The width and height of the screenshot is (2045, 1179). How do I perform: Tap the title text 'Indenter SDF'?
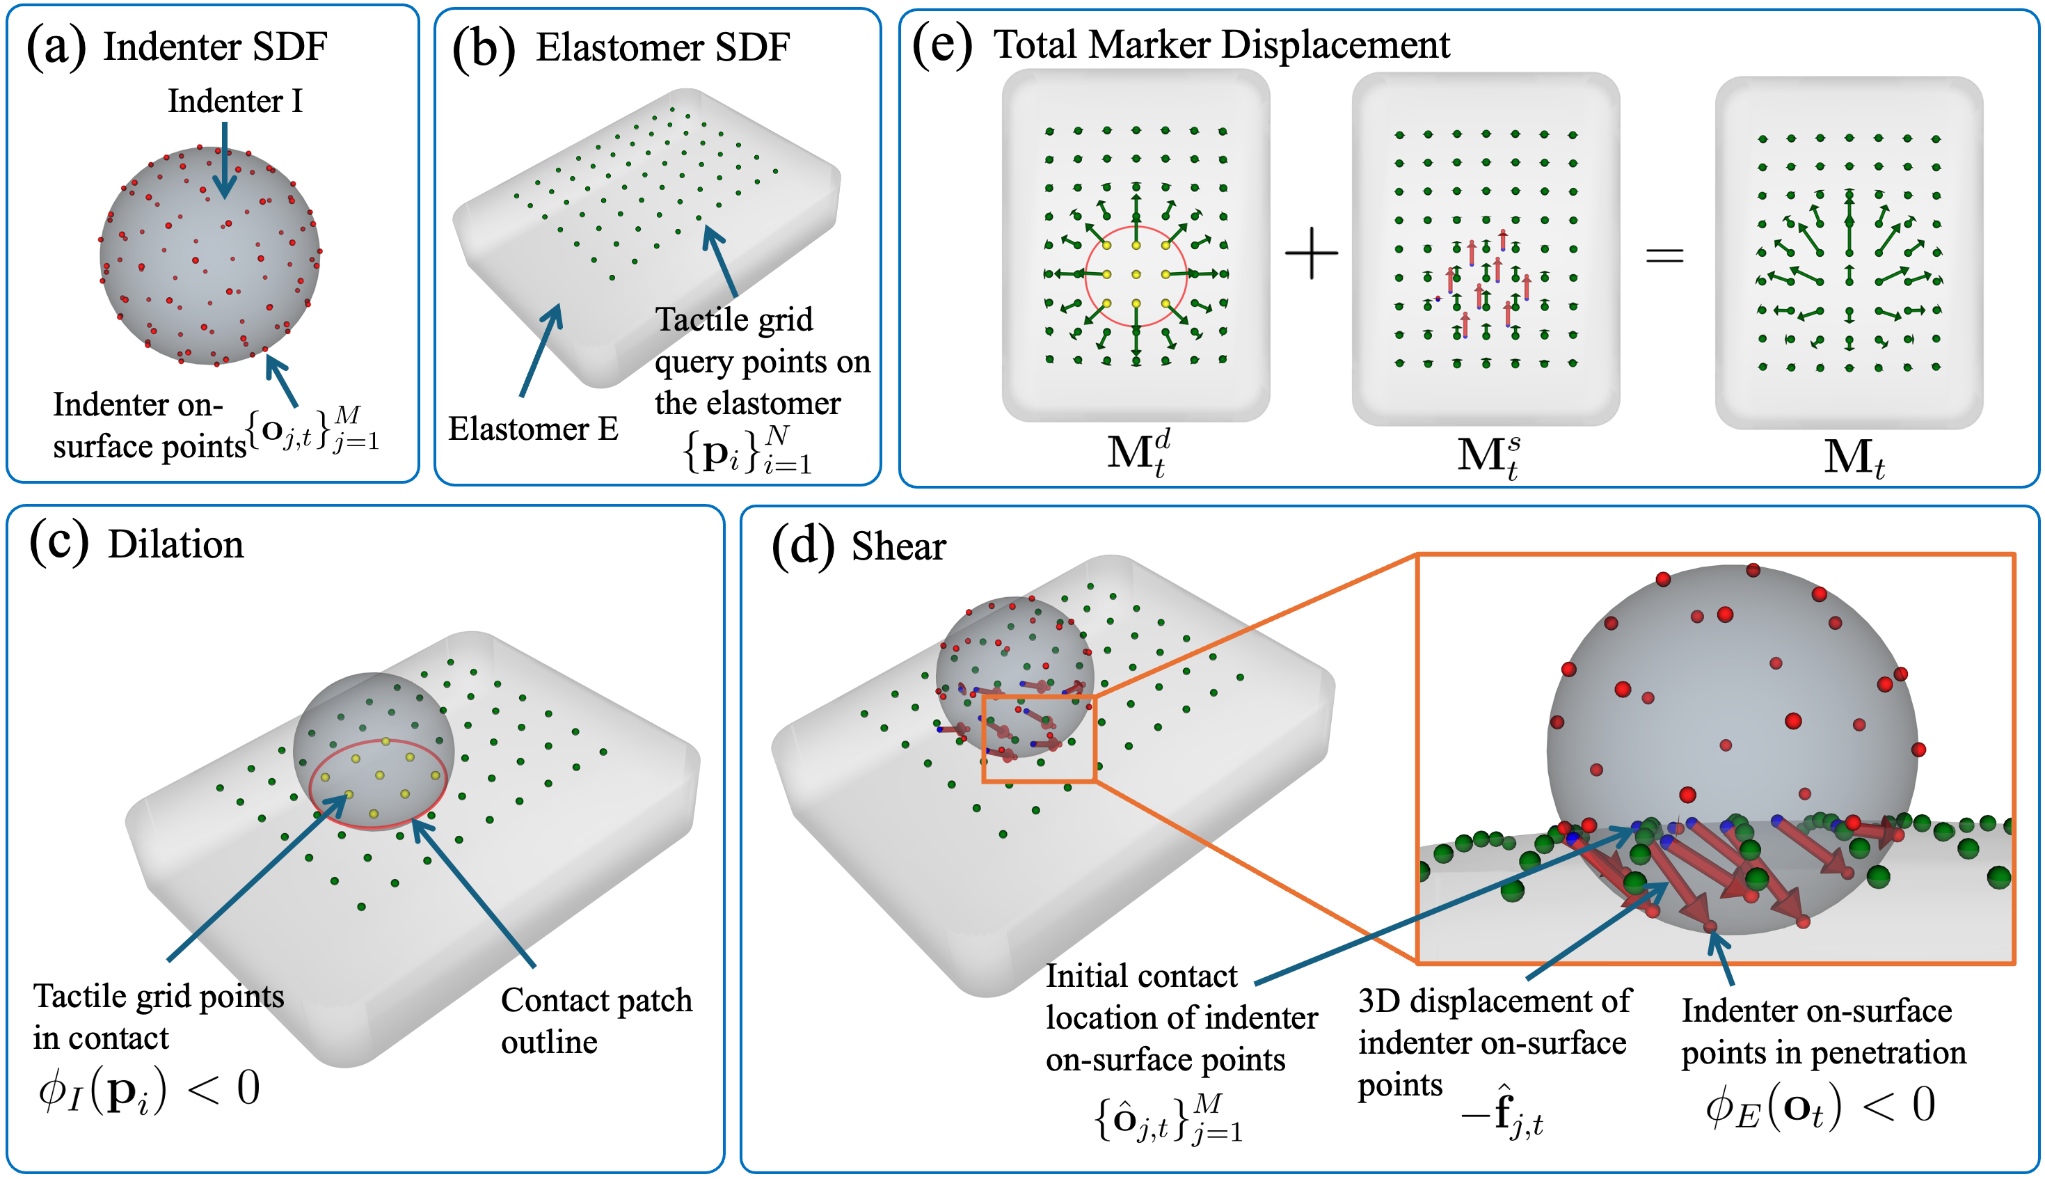214,46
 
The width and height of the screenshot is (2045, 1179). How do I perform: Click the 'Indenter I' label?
234,101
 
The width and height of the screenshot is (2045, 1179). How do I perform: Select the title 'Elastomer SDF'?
662,47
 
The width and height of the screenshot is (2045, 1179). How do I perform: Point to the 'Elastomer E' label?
533,428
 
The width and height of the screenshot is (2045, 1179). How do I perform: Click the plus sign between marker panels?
1311,253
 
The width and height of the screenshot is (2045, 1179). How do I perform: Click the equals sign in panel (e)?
1664,256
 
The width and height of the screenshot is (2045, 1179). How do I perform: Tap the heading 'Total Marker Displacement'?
1221,44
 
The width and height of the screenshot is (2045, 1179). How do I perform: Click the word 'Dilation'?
175,544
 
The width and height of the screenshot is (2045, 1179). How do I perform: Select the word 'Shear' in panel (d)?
898,546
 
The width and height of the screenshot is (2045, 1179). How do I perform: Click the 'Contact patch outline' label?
596,1020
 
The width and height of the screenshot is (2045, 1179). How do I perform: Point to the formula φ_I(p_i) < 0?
149,1090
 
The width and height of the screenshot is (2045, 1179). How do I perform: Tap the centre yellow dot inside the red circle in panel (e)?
1136,274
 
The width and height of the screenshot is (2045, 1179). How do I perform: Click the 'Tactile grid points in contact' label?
158,1016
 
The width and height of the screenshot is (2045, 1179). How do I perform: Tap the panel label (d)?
802,546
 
